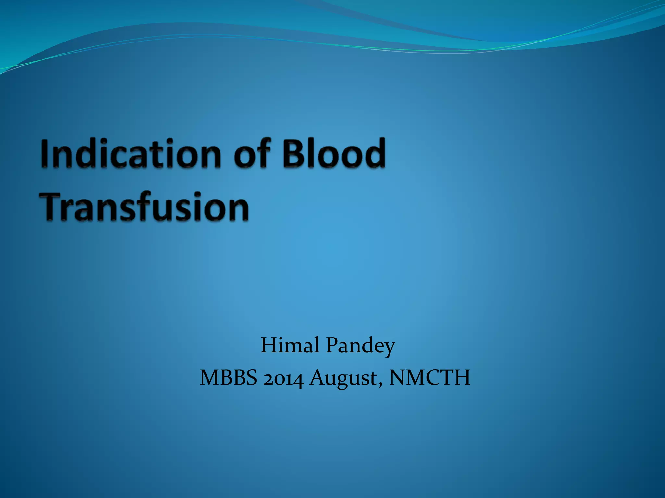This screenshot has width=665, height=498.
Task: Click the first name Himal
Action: pyautogui.click(x=290, y=345)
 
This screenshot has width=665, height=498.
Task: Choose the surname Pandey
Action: pyautogui.click(x=360, y=346)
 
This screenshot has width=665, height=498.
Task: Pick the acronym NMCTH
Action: pyautogui.click(x=430, y=378)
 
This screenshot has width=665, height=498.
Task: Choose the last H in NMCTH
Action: pyautogui.click(x=461, y=378)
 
